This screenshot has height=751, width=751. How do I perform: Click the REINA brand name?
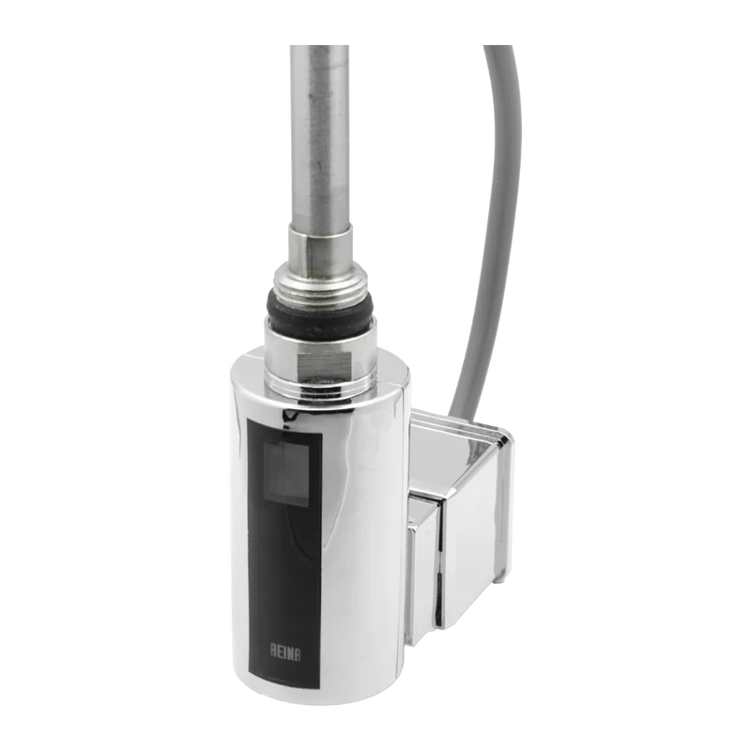click(x=285, y=651)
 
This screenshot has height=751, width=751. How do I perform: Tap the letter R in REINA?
click(x=273, y=651)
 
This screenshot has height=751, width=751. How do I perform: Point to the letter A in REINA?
click(x=298, y=652)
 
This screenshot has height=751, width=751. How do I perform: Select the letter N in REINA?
click(x=290, y=652)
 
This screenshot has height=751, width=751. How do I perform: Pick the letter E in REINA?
click(x=281, y=651)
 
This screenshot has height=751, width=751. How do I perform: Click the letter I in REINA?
click(x=285, y=651)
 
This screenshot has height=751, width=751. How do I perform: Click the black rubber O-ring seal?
click(x=320, y=310)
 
